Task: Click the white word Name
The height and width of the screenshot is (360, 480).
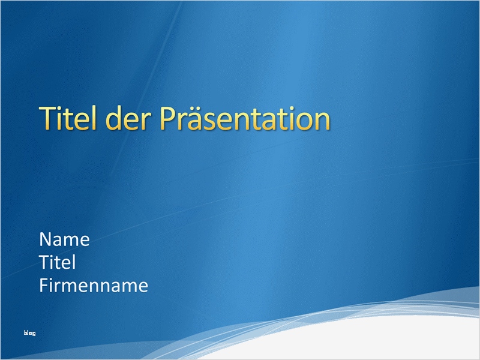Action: click(x=64, y=240)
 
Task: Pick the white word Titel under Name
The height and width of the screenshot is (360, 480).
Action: click(x=58, y=263)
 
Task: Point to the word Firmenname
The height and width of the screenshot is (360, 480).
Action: click(x=93, y=286)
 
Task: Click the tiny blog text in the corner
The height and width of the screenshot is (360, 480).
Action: click(x=29, y=333)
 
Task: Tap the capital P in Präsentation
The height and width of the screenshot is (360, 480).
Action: click(x=167, y=119)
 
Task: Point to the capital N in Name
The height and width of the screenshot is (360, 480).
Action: click(x=46, y=240)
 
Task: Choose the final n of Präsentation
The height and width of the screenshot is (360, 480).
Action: click(x=322, y=121)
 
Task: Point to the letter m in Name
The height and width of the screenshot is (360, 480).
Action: click(x=72, y=241)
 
